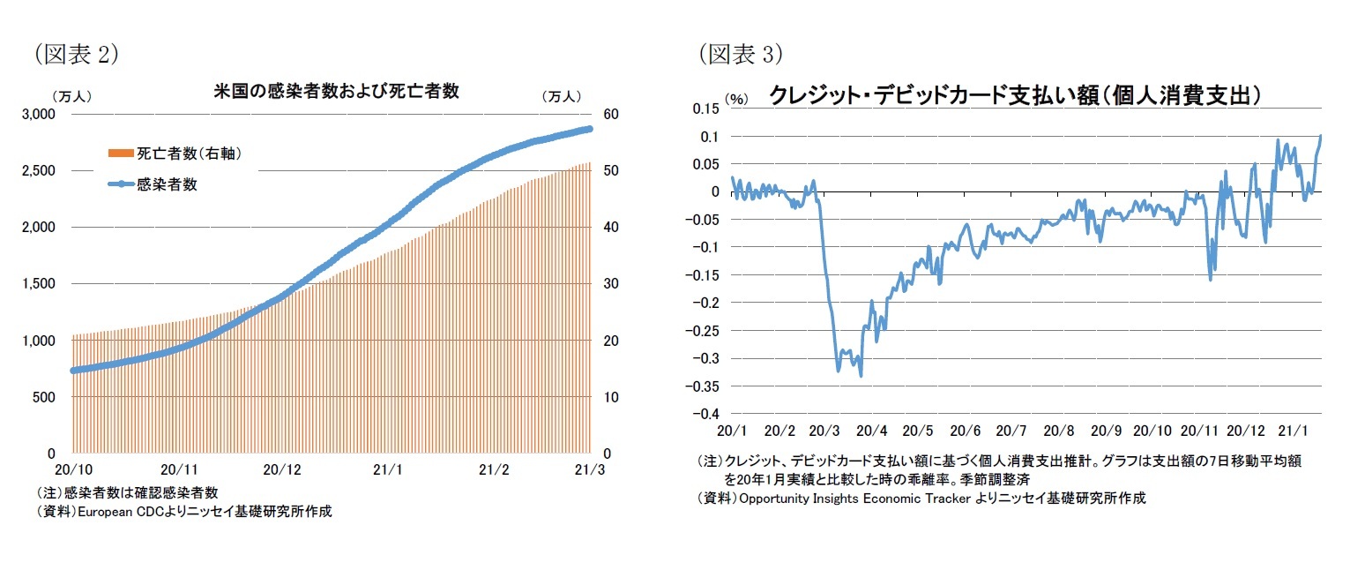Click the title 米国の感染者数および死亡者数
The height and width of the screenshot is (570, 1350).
336,92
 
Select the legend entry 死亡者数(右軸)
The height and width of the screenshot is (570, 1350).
188,154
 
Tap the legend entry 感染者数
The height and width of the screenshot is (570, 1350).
166,184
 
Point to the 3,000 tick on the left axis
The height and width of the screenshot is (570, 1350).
41,114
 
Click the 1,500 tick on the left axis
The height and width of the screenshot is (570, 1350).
41,284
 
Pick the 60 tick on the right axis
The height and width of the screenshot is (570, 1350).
611,114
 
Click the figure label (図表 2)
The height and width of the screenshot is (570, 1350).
76,55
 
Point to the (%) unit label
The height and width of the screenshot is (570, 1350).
736,99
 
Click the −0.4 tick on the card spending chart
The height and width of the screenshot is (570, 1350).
705,414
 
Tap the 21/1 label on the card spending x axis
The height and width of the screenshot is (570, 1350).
1292,431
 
